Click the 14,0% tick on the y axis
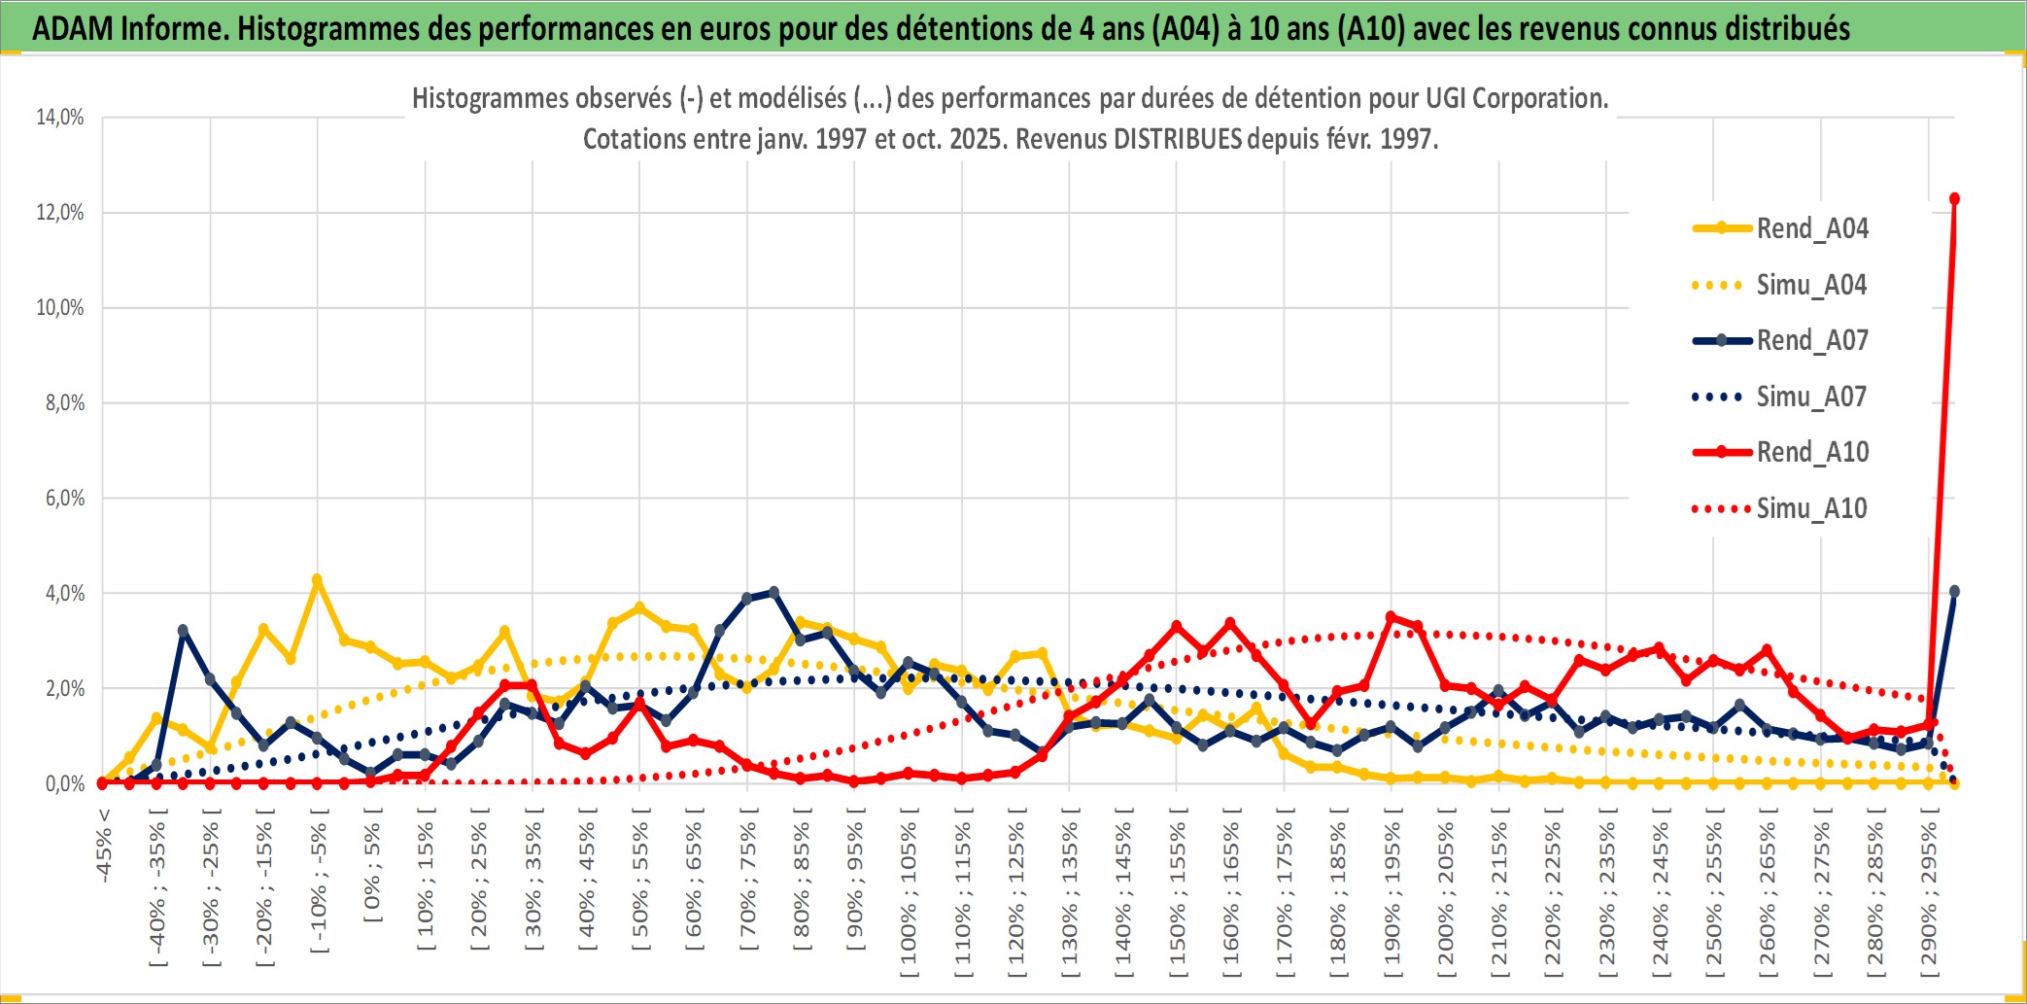tap(60, 118)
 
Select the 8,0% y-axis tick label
tap(64, 403)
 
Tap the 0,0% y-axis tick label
tap(64, 783)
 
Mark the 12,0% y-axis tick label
tap(60, 213)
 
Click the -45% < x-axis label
tap(104, 846)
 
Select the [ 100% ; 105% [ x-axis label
tap(909, 894)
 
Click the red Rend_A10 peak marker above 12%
tap(1954, 199)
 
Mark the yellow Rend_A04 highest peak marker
tap(317, 580)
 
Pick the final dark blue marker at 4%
tap(1954, 591)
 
